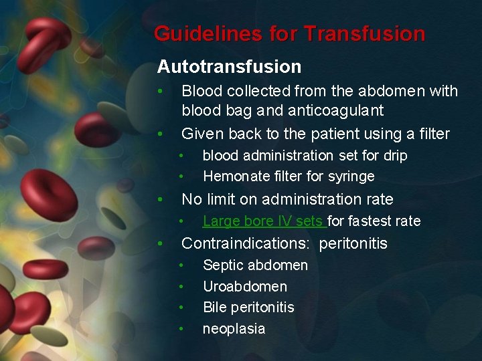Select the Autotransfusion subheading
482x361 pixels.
point(229,67)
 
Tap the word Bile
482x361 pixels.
point(214,308)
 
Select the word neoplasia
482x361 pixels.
point(234,329)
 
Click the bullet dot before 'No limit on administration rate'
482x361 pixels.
point(159,199)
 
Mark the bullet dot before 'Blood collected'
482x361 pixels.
point(159,91)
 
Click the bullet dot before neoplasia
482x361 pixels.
point(181,329)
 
